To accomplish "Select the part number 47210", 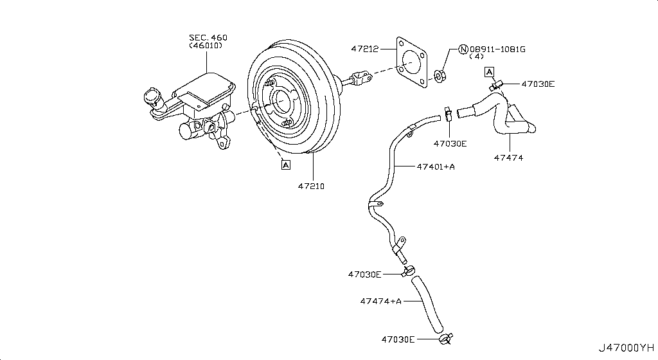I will pos(311,186).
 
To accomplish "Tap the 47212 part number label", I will pos(364,48).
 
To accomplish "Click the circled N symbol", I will pos(462,48).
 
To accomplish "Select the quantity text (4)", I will pos(476,57).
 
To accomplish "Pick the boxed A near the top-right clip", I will pos(489,71).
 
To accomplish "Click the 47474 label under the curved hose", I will pos(508,157).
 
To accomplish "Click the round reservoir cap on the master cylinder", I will pos(153,97).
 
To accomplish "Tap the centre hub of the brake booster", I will pos(281,101).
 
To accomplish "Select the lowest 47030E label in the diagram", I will pos(398,339).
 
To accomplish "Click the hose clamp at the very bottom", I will pos(445,338).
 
